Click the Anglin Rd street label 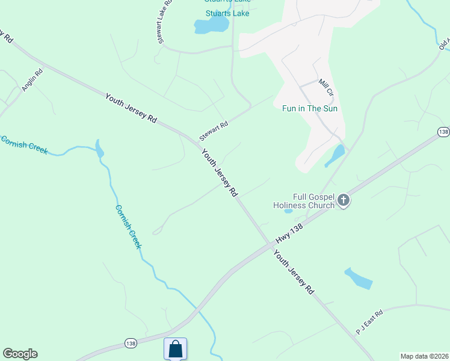(x=32, y=81)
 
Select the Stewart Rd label (x=215, y=128)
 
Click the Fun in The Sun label (x=310, y=109)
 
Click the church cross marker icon (x=344, y=200)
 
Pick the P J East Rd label (x=369, y=322)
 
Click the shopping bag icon (x=175, y=348)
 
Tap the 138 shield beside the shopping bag (x=130, y=343)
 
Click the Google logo (x=20, y=354)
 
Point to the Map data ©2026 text (x=424, y=356)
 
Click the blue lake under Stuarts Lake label (x=211, y=25)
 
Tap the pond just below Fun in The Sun (x=335, y=156)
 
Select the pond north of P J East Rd (x=359, y=278)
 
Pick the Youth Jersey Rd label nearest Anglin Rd (x=131, y=108)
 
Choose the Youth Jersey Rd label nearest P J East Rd (x=294, y=273)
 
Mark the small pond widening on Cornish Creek (x=99, y=149)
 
